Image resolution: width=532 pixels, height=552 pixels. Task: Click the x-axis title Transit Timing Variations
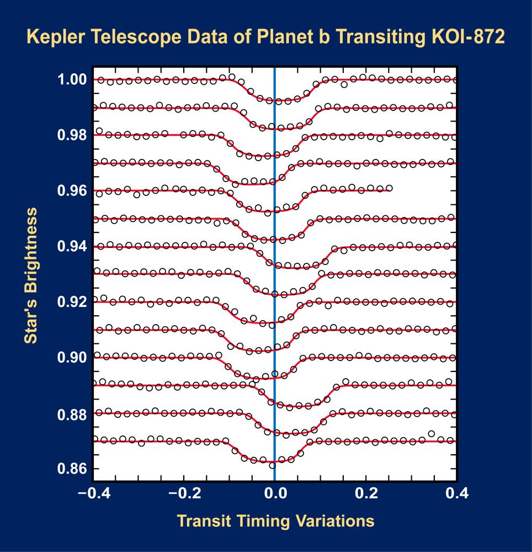pos(275,521)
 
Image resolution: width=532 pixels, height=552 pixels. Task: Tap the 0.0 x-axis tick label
pos(275,493)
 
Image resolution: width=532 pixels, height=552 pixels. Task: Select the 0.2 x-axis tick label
pos(366,493)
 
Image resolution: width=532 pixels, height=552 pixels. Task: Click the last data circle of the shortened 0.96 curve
pos(389,188)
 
